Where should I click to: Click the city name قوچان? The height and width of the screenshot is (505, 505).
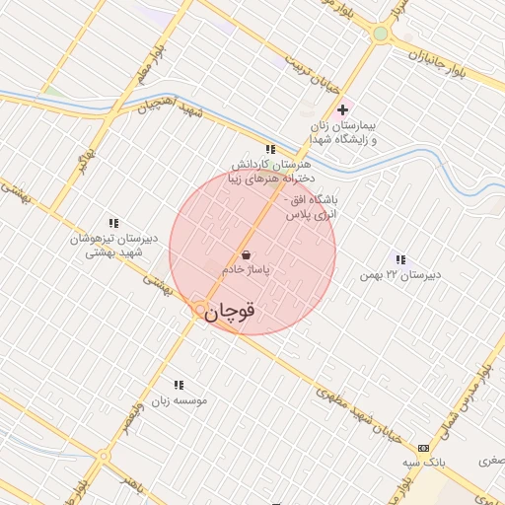[x=234, y=312]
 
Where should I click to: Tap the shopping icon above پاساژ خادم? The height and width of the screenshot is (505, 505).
[x=246, y=254]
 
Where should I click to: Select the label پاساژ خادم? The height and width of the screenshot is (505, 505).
[x=246, y=268]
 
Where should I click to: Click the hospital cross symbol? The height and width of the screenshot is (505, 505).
[x=342, y=110]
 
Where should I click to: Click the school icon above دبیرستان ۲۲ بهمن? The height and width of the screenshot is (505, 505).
[x=400, y=259]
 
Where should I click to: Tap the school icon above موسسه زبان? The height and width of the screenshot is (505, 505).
[x=179, y=385]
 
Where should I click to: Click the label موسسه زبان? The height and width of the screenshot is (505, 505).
[x=179, y=400]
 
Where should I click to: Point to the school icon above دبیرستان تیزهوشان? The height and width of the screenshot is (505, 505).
[x=114, y=224]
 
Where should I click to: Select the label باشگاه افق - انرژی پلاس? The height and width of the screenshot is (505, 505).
[x=311, y=206]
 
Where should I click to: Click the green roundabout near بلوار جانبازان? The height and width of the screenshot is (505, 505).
[x=380, y=34]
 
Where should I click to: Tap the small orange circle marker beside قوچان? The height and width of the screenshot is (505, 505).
[x=200, y=310]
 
